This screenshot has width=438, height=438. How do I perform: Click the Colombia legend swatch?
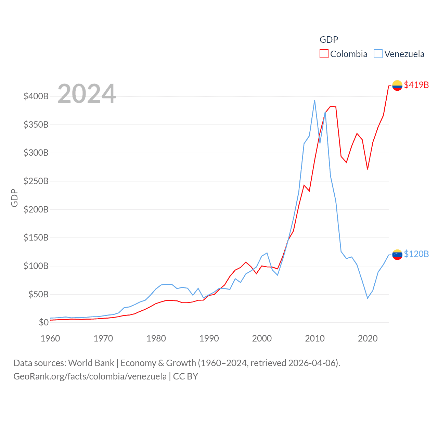coord(324,54)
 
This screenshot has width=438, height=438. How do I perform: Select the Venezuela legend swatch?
coord(378,54)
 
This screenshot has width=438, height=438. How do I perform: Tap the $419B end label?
coord(416,85)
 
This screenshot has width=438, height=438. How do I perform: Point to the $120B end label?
coord(416,254)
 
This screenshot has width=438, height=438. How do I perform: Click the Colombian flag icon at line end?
coord(397,85)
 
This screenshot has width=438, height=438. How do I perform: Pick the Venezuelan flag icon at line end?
coord(397,254)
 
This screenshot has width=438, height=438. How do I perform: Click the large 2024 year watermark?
coord(87,94)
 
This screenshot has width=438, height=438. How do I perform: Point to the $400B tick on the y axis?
coord(36,96)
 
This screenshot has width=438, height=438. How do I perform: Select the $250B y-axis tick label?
coord(36,181)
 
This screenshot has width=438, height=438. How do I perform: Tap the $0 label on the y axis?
coord(43,322)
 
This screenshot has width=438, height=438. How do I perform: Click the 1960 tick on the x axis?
coord(50,338)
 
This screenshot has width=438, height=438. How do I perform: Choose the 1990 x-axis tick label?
coord(209,338)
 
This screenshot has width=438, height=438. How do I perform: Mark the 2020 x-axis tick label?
coord(368,338)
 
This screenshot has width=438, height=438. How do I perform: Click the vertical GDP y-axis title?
coord(14,198)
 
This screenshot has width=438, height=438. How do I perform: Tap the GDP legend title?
coord(329,40)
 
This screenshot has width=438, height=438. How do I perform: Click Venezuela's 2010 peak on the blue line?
coord(314,100)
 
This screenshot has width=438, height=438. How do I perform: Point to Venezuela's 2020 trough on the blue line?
coord(368,298)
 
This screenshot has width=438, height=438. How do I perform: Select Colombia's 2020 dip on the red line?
coord(368,169)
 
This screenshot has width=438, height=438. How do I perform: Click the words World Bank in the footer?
coord(91,363)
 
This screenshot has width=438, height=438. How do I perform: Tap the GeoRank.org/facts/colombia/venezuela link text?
coord(90,376)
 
